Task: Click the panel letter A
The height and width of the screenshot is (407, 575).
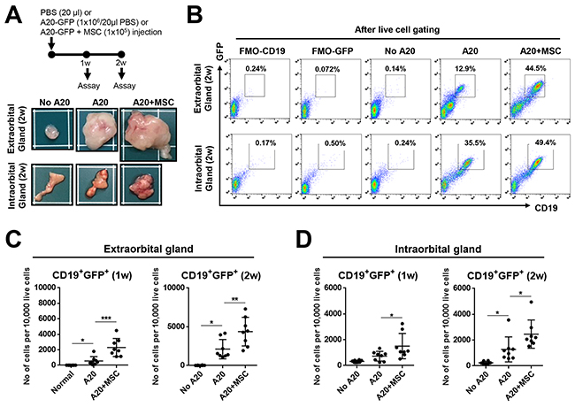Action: pos(12,14)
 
